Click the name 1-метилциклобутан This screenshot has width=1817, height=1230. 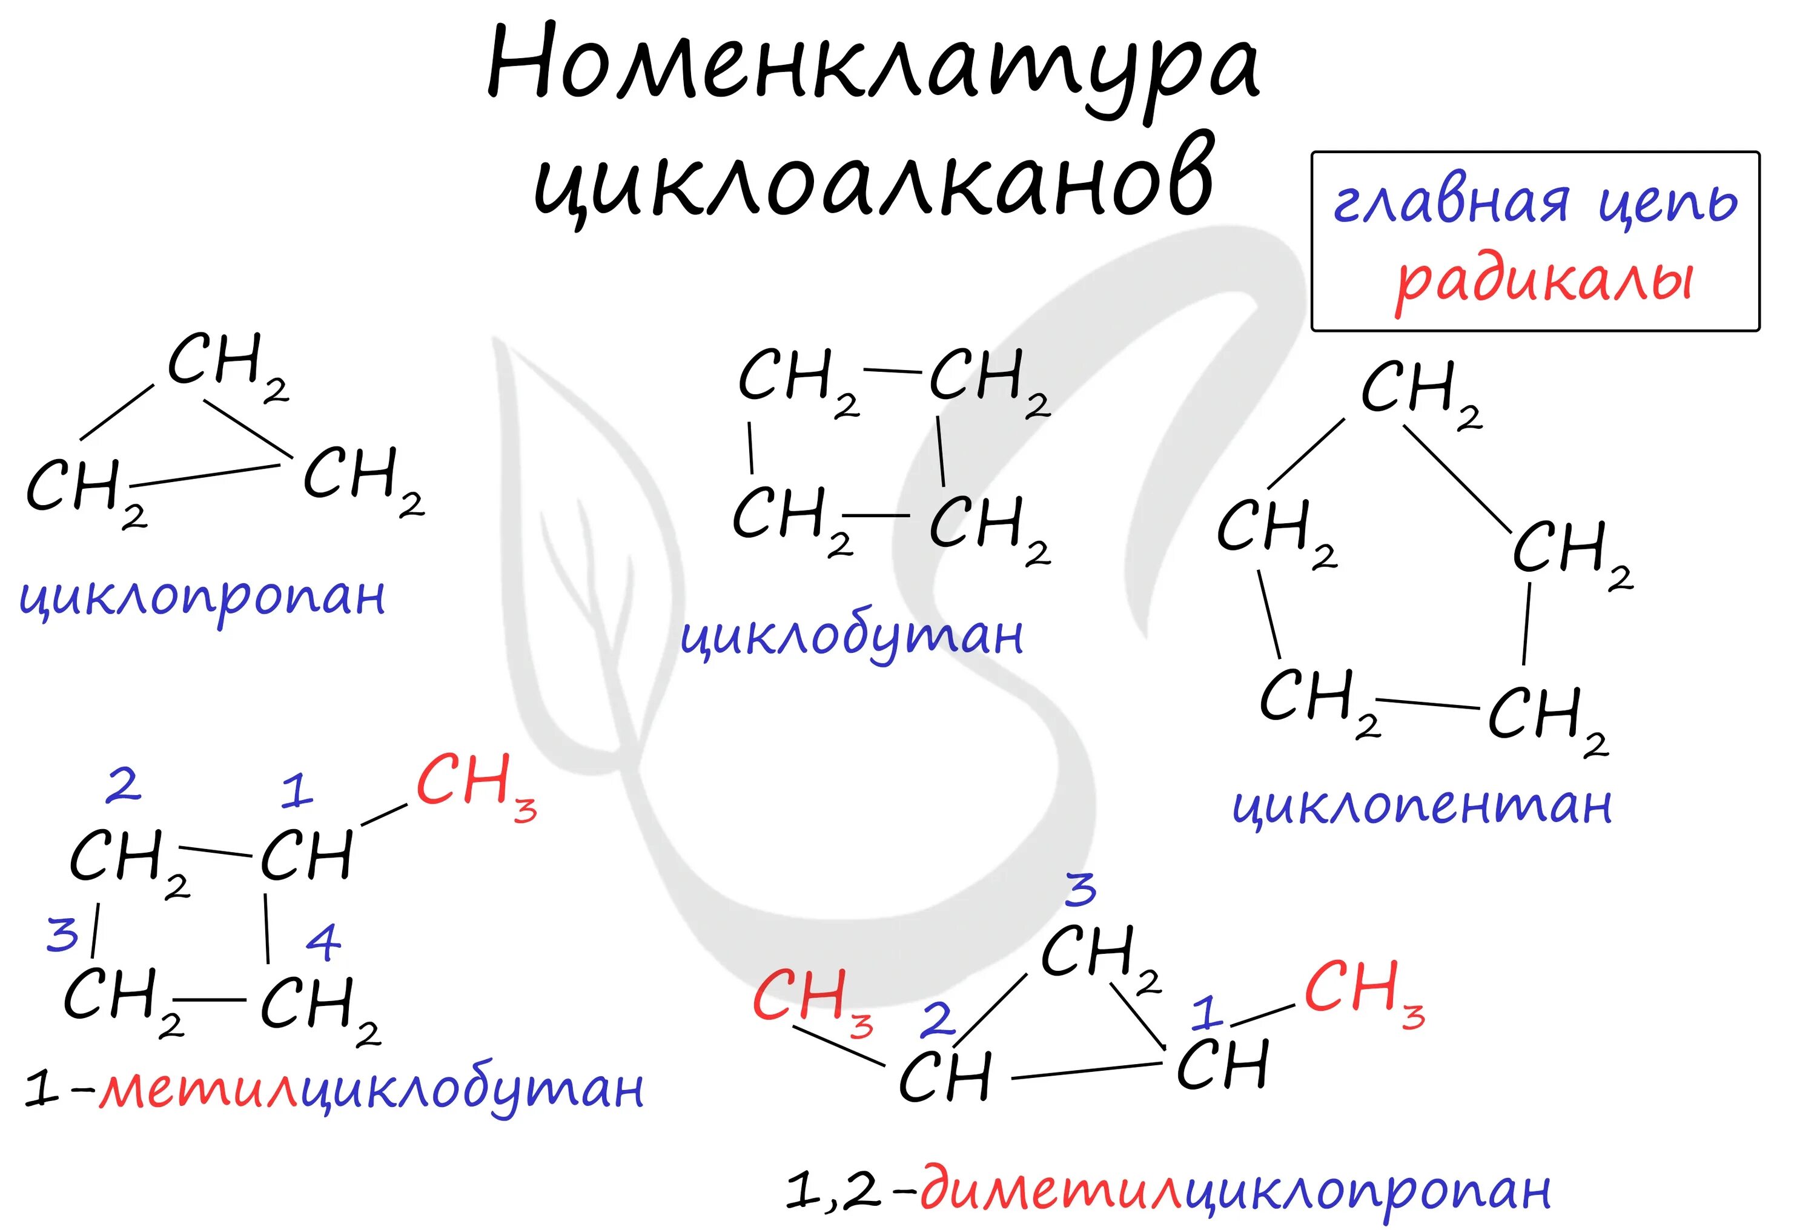(333, 1088)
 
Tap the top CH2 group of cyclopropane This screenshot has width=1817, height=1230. (227, 363)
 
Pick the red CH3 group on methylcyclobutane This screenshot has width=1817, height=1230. (475, 784)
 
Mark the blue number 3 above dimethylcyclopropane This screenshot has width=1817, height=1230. (1081, 890)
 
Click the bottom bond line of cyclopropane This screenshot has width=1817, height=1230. (210, 475)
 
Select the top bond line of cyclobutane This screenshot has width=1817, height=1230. (892, 370)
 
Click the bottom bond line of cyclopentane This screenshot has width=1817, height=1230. (1427, 704)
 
